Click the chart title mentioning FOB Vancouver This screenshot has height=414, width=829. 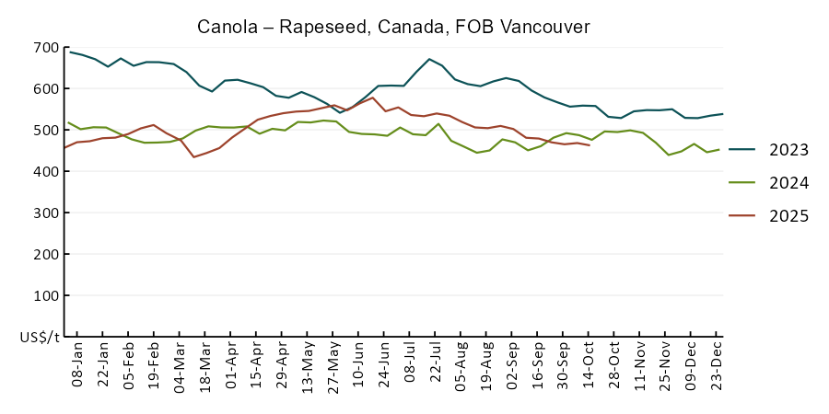(393, 27)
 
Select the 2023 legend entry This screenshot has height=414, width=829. (788, 150)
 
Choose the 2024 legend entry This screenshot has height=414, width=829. (788, 183)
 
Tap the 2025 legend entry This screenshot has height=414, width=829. (788, 216)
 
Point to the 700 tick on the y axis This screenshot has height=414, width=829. (46, 48)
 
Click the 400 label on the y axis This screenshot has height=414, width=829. (46, 172)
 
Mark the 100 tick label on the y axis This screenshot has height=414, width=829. (46, 296)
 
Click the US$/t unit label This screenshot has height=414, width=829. (40, 338)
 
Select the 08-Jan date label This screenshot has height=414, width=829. (77, 365)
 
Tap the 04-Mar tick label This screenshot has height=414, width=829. (181, 365)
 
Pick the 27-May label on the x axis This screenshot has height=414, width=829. (335, 365)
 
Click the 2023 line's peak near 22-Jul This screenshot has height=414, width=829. (430, 59)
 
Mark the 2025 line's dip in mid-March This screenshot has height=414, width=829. (193, 157)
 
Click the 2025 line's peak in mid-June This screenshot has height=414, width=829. (372, 98)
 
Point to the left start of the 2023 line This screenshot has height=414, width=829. (71, 52)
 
